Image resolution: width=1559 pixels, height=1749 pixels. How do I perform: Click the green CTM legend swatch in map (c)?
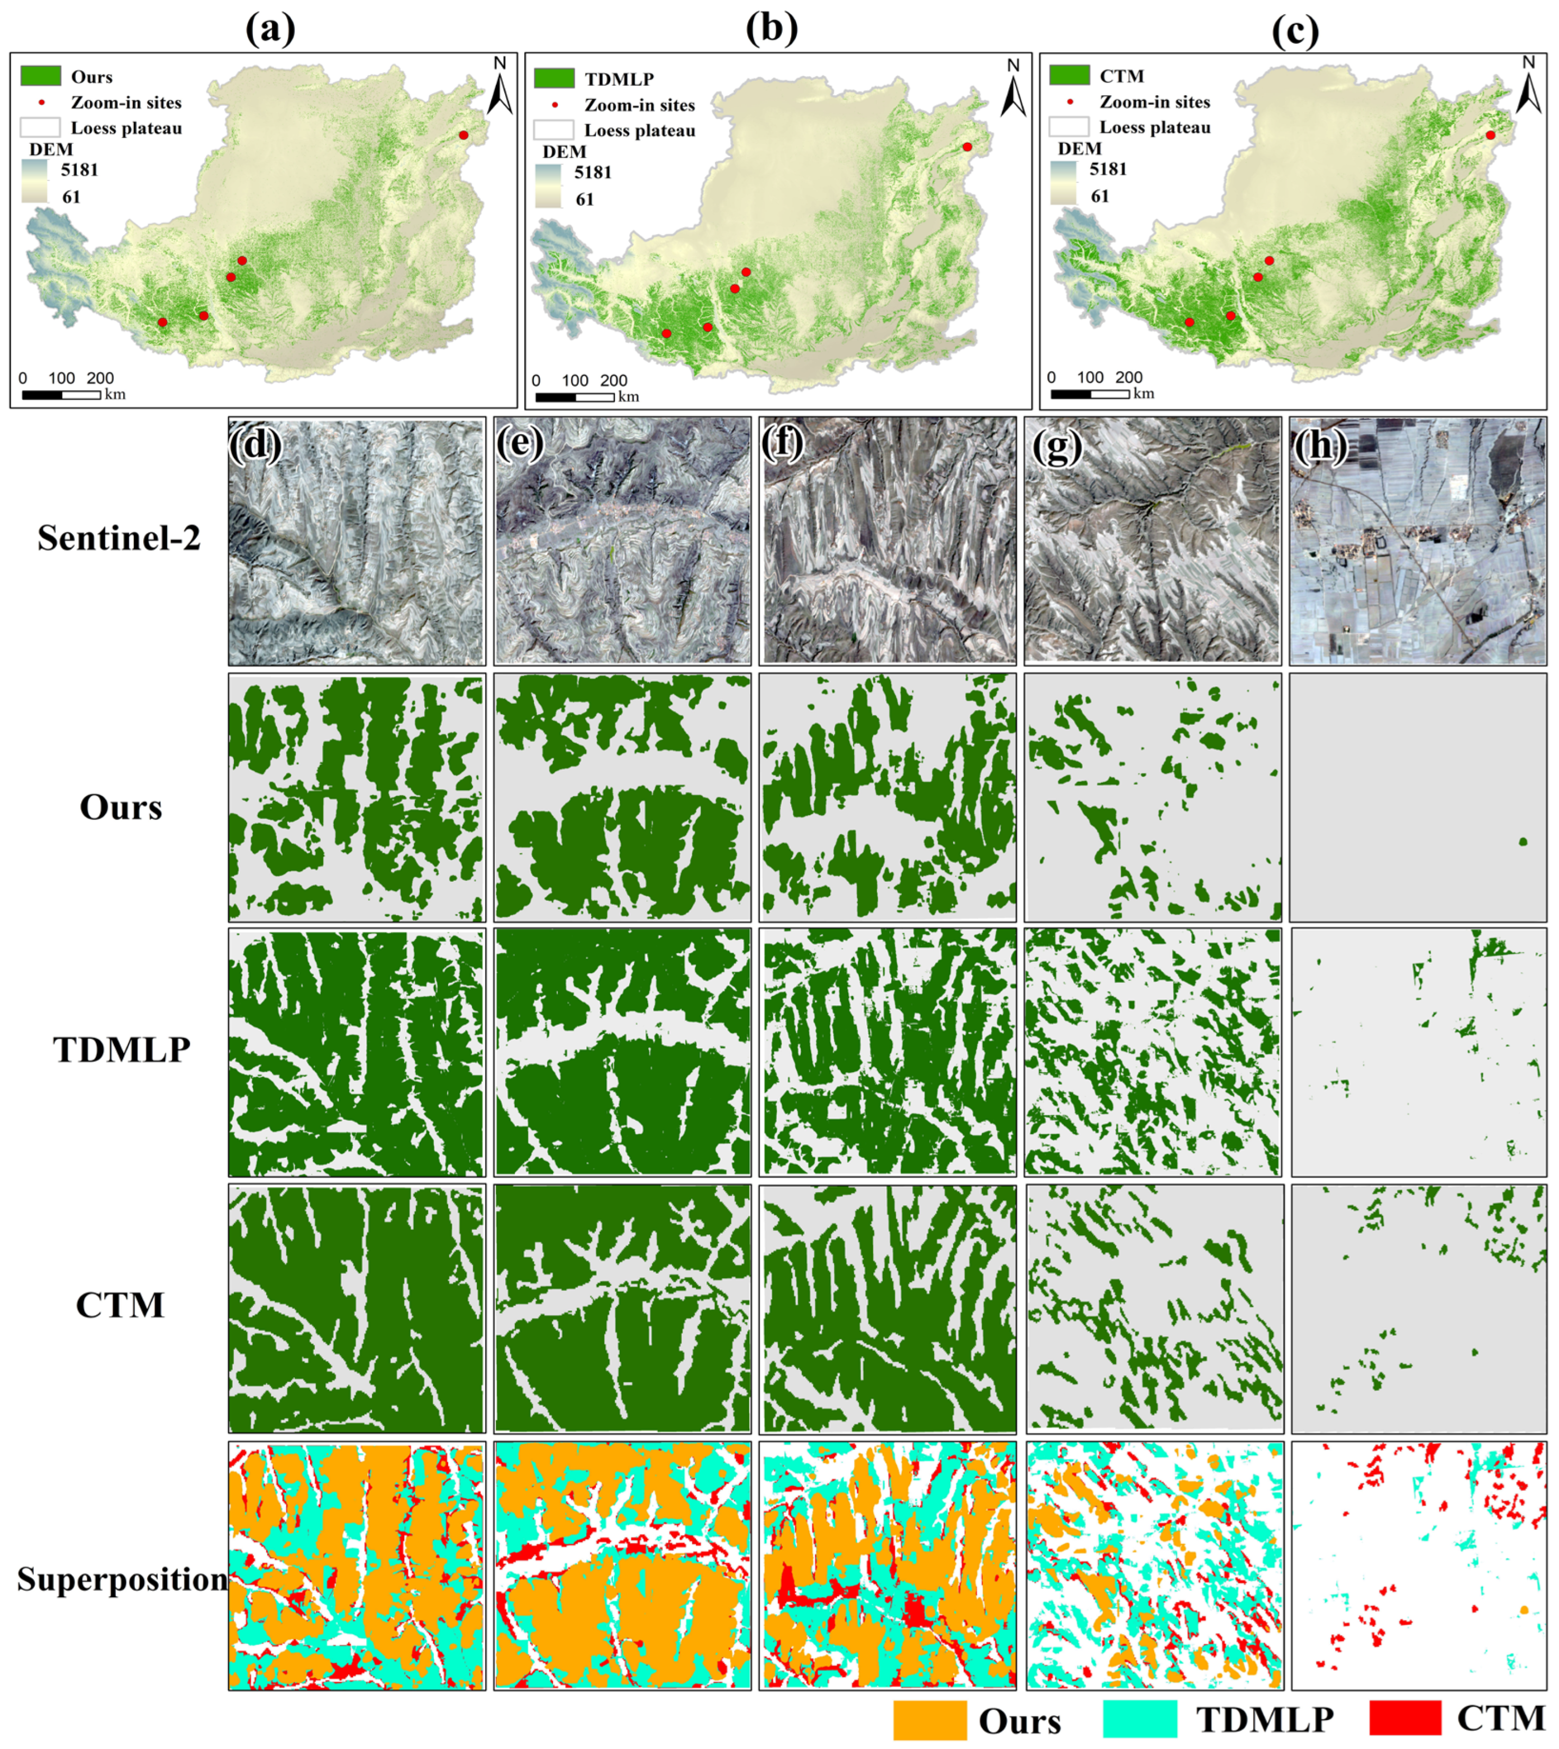tap(1069, 75)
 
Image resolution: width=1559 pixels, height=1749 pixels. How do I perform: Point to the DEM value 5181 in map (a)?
tap(80, 170)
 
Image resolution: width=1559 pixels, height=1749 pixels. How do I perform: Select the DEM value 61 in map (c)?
tap(1100, 196)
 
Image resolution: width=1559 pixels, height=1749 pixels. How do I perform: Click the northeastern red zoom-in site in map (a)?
tap(464, 135)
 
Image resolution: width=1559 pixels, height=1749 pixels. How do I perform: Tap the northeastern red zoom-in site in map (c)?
tap(1491, 135)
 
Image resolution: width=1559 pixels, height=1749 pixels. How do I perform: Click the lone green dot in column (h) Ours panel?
tap(1523, 842)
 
